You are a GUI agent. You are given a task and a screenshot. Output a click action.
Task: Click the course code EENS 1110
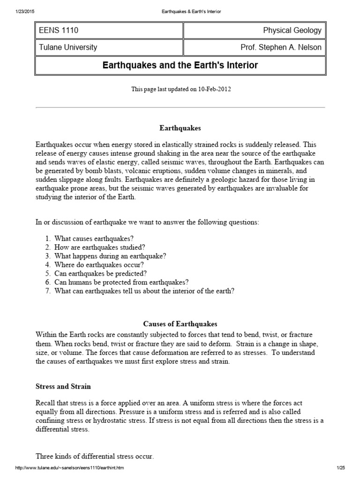pyautogui.click(x=59, y=31)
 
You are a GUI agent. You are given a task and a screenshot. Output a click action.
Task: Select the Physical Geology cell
pyautogui.click(x=292, y=31)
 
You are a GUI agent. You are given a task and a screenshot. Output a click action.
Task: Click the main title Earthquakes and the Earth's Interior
pyautogui.click(x=180, y=65)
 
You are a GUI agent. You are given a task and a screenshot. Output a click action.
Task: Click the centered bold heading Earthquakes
pyautogui.click(x=180, y=127)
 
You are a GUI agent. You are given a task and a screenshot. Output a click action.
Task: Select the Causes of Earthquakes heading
pyautogui.click(x=180, y=324)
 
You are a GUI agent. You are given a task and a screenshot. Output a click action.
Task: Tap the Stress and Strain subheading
pyautogui.click(x=63, y=387)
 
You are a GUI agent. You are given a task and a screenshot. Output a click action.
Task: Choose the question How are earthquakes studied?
pyautogui.click(x=99, y=247)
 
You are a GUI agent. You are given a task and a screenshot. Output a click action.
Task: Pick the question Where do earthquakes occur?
pyautogui.click(x=99, y=264)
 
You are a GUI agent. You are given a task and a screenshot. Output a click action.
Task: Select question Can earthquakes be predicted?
pyautogui.click(x=100, y=273)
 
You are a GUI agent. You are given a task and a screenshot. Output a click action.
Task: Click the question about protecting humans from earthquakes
pyautogui.click(x=121, y=282)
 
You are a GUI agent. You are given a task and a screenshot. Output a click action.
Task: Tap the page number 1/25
pyautogui.click(x=340, y=468)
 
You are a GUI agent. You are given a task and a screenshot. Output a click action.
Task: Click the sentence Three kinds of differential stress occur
pyautogui.click(x=95, y=456)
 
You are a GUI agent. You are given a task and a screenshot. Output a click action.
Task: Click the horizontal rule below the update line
pyautogui.click(x=180, y=107)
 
